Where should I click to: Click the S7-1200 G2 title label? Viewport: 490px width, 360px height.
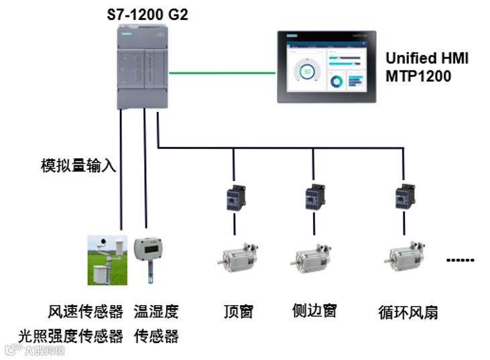[147, 13]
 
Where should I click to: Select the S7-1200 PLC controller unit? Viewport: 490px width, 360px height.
[143, 66]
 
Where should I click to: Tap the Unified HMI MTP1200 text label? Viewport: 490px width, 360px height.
[426, 67]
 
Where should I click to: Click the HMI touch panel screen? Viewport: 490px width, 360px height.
[325, 66]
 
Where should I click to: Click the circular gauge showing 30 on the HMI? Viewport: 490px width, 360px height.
[306, 71]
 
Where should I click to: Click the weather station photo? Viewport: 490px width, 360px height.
[103, 260]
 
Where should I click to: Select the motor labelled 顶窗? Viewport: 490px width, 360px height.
[238, 259]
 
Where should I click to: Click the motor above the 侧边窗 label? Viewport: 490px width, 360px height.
[312, 259]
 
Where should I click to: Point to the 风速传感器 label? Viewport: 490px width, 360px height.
[86, 312]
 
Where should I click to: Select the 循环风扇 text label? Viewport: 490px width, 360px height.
[408, 312]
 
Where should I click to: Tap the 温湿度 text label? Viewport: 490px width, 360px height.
[156, 312]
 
